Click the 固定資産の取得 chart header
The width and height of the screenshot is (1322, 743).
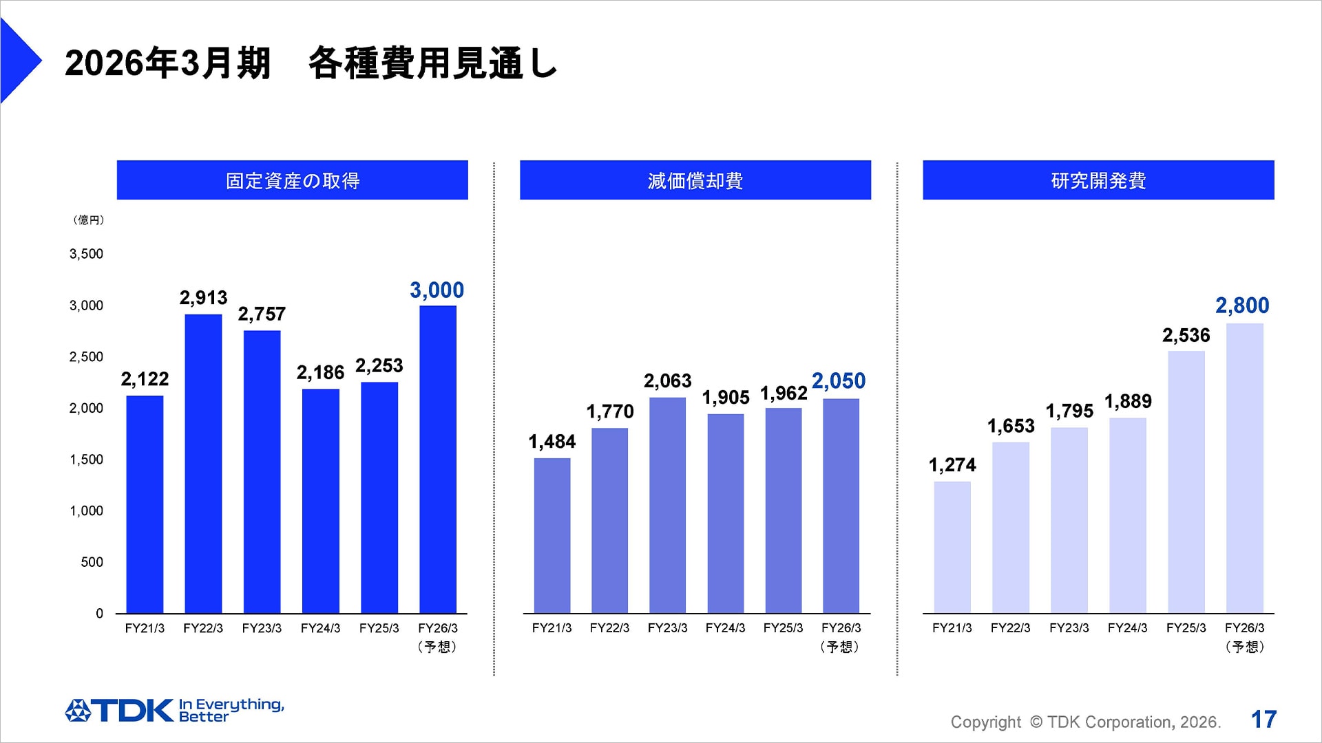click(292, 180)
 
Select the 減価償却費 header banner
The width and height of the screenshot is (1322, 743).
click(695, 180)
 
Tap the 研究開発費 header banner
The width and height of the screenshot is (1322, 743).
click(1098, 180)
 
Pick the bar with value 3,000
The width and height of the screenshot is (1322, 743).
click(438, 460)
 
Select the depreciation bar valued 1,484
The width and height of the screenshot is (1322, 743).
click(552, 535)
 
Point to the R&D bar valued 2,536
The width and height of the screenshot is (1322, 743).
click(1186, 482)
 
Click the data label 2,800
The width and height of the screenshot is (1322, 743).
click(1241, 305)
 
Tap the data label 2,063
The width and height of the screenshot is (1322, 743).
click(667, 381)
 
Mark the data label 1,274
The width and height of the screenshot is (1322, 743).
click(952, 465)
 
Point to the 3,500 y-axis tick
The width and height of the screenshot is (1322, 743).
click(86, 254)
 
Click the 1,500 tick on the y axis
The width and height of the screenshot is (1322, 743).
click(86, 460)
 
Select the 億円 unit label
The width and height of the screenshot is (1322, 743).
click(88, 220)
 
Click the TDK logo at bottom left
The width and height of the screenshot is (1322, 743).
click(120, 710)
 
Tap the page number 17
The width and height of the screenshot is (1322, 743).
click(1263, 720)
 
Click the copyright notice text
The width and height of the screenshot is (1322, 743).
click(1085, 722)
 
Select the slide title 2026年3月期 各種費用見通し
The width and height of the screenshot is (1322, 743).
click(311, 63)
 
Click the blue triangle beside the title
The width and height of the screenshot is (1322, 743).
click(17, 61)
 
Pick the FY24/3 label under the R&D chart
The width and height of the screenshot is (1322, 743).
click(1127, 628)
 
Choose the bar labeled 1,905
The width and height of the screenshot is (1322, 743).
click(725, 513)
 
